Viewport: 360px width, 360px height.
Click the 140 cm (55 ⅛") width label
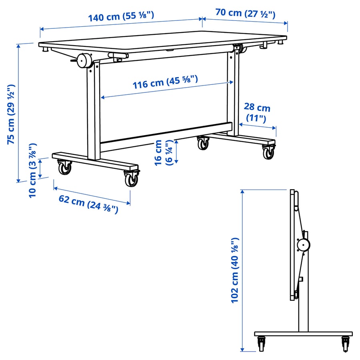[x=121, y=17]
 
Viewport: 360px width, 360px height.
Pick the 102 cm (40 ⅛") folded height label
[x=235, y=270]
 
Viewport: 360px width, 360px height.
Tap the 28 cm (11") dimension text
[x=257, y=113]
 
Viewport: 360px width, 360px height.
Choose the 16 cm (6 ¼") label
[x=163, y=152]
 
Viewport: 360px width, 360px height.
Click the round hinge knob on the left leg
[x=85, y=61]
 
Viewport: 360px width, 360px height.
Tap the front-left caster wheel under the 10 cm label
[x=64, y=168]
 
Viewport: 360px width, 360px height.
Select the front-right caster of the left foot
[x=131, y=179]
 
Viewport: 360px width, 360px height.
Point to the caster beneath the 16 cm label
[x=203, y=143]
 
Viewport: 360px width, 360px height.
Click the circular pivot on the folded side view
[x=303, y=245]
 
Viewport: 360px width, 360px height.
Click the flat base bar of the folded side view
[x=303, y=334]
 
